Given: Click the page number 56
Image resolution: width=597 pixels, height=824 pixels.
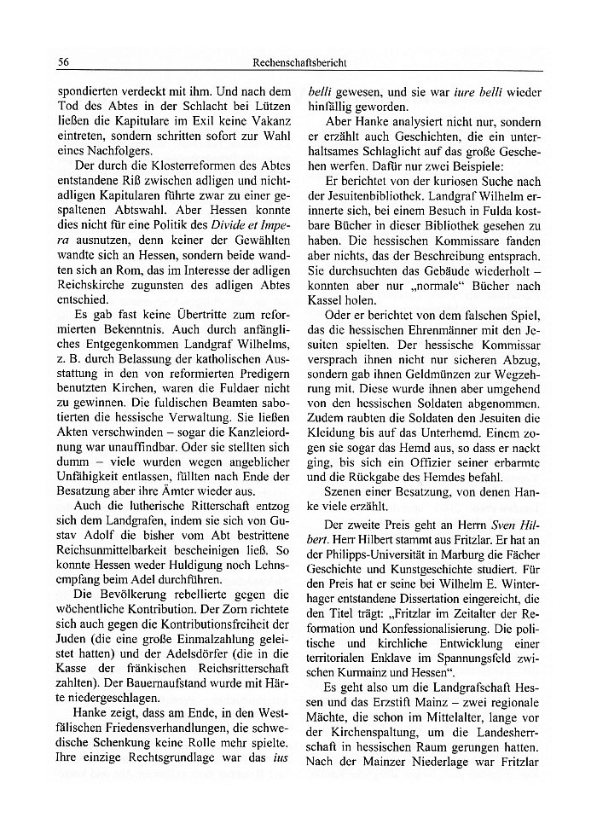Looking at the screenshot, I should (63, 62).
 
